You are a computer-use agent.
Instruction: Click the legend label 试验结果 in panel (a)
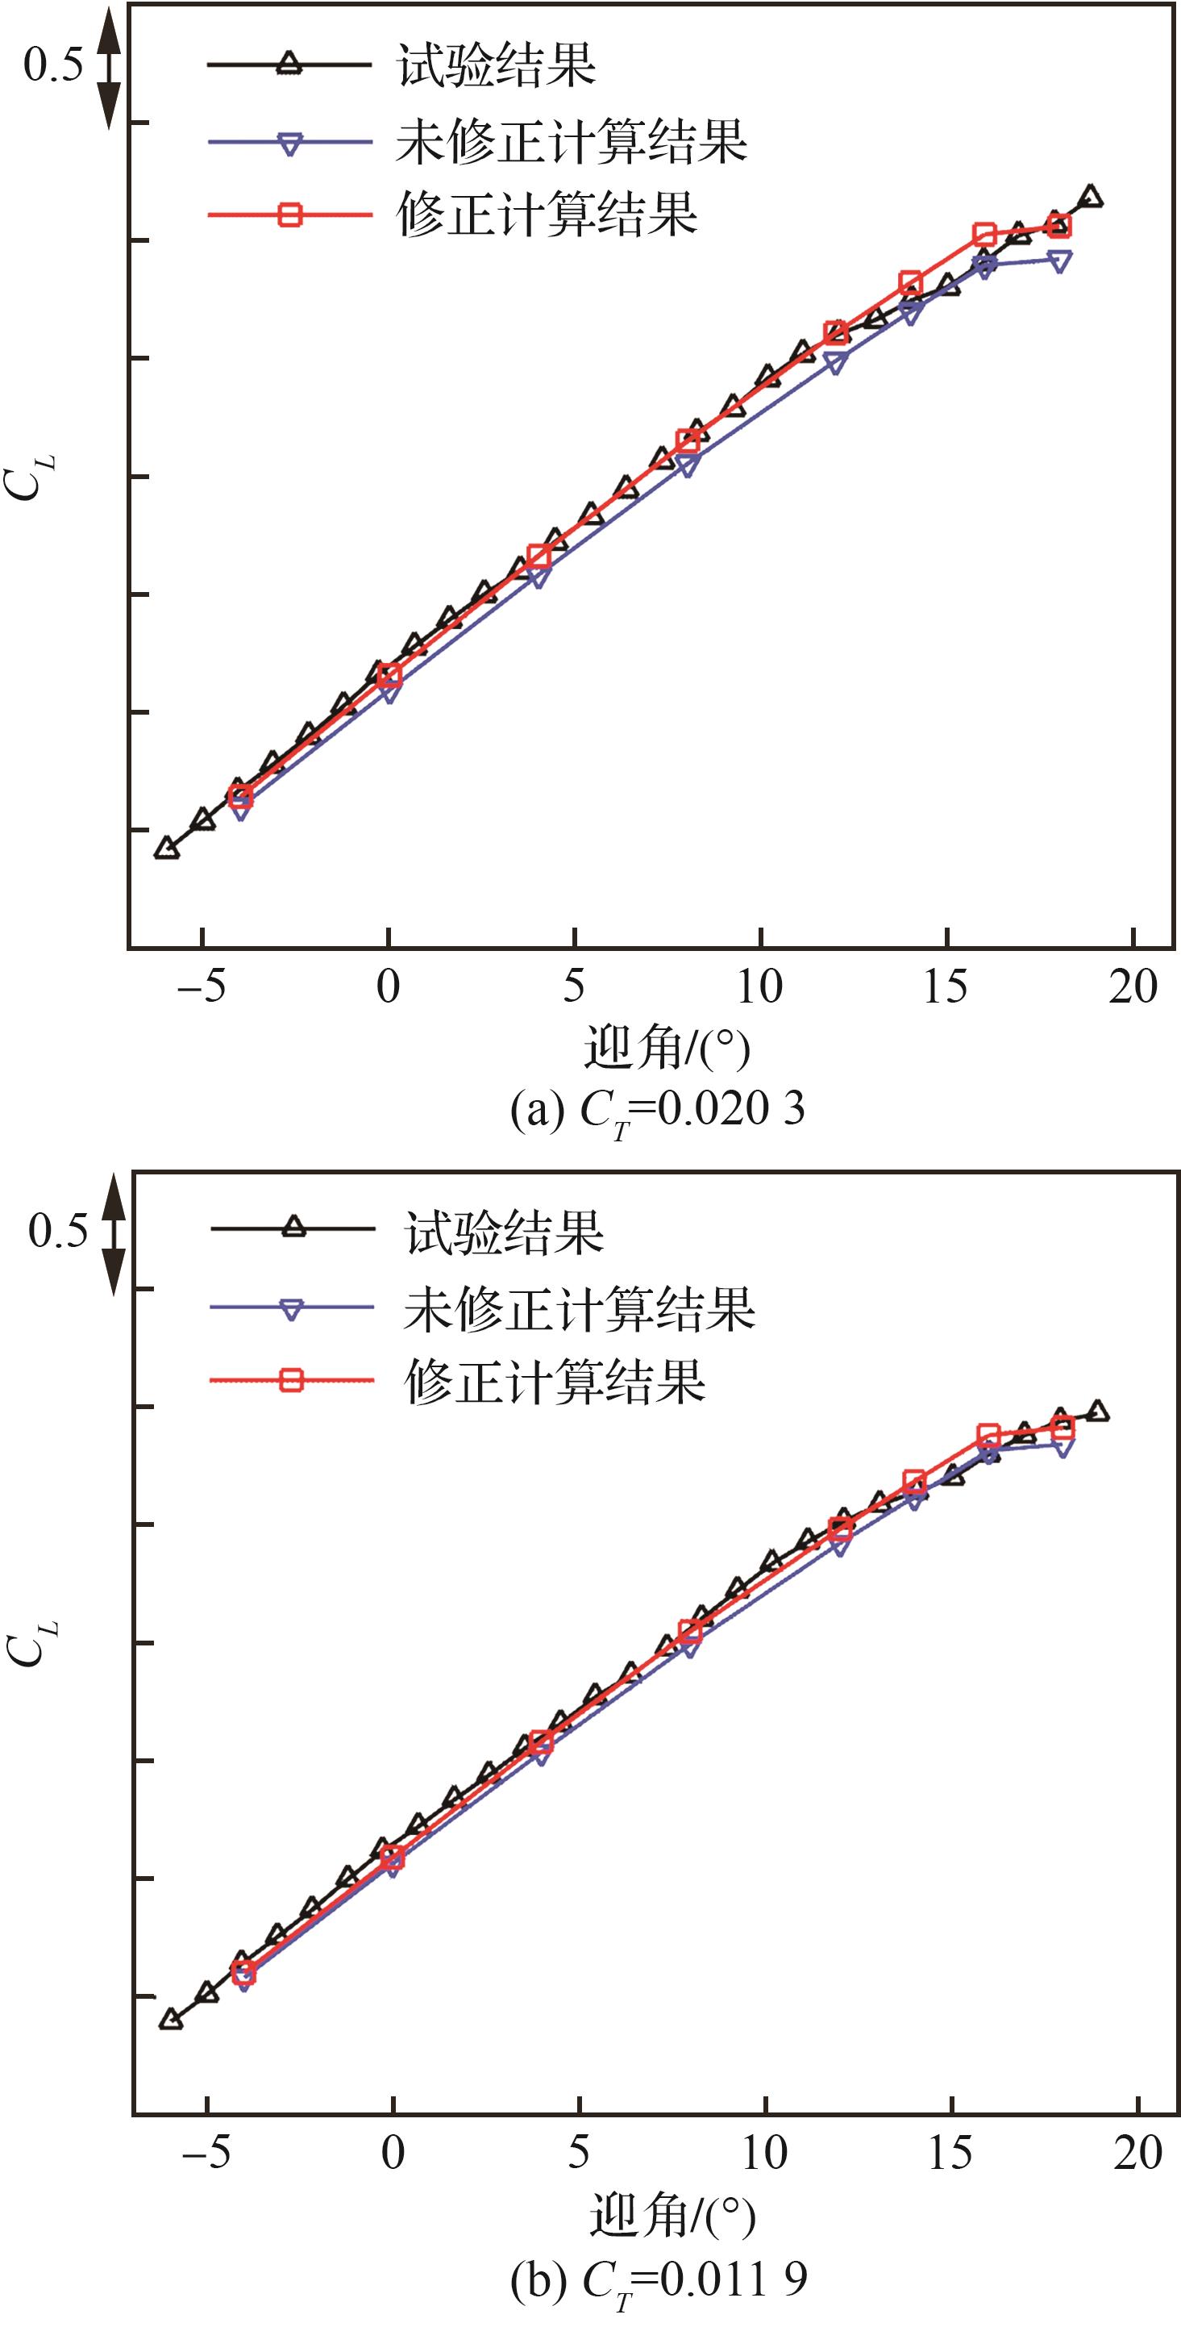pos(497,65)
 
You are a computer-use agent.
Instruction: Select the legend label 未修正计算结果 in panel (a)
pos(572,141)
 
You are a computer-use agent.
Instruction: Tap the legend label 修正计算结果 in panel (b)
pos(555,1382)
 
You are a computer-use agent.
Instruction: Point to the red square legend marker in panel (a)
pos(289,215)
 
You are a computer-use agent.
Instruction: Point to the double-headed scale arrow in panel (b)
pos(113,1234)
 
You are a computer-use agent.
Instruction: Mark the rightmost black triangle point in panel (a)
pos(1090,196)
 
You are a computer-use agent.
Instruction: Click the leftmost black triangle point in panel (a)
pos(166,849)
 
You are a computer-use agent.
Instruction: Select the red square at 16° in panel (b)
pos(988,1436)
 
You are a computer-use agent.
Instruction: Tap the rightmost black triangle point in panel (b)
pos(1098,1412)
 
